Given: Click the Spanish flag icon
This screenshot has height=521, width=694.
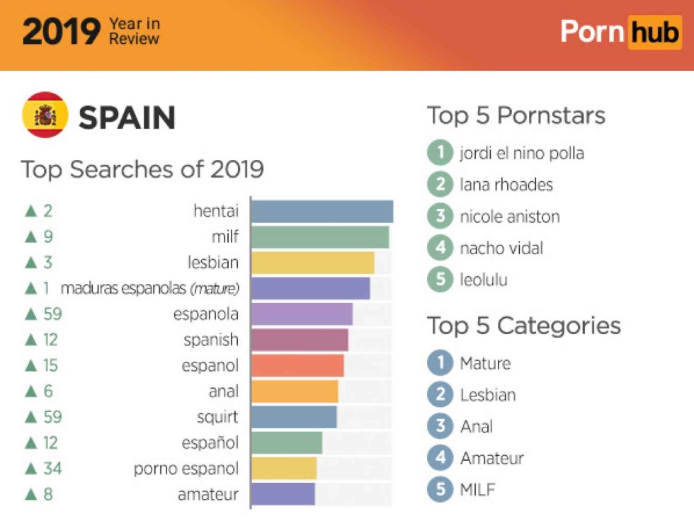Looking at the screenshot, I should click(45, 115).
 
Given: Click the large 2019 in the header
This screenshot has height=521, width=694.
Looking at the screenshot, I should click(61, 33).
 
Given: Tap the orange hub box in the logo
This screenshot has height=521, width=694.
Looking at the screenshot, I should click(654, 32).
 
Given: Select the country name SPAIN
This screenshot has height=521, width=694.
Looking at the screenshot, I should click(127, 118).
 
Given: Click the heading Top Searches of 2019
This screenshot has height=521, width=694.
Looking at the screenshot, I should click(142, 170).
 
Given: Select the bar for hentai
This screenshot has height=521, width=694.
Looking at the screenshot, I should click(322, 211).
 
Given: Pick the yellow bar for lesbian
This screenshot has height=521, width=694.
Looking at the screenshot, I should click(312, 263).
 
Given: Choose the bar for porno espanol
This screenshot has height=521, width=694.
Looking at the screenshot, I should click(283, 469).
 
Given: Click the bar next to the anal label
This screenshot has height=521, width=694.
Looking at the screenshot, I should click(295, 391).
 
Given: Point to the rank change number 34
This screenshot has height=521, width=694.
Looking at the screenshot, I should click(52, 469).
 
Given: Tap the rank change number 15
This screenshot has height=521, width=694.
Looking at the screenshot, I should click(50, 366).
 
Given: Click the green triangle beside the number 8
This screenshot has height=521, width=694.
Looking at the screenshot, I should click(30, 494).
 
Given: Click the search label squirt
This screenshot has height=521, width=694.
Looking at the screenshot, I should click(217, 417).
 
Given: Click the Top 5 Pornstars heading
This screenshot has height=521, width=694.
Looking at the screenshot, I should click(516, 115).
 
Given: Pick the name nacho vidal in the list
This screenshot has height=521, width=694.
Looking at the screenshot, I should click(501, 248).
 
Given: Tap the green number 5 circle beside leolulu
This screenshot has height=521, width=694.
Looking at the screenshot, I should click(440, 280).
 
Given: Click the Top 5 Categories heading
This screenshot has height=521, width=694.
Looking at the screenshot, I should click(523, 326).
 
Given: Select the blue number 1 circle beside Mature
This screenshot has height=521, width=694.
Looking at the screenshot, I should click(440, 363).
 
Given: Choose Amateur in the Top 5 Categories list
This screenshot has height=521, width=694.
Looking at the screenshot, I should click(491, 458).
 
